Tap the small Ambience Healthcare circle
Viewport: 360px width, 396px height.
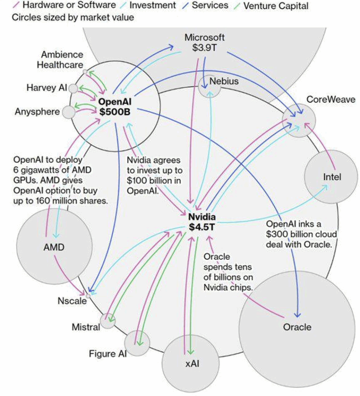point(85,72)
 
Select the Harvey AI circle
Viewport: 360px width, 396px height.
point(73,89)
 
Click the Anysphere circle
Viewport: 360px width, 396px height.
point(69,112)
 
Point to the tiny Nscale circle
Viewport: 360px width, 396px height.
point(88,296)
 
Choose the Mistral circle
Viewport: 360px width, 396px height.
point(108,321)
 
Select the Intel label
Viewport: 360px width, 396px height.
point(332,177)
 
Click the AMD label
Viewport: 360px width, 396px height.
point(53,247)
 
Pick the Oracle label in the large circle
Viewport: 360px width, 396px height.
point(297,327)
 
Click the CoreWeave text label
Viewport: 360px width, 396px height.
point(331,99)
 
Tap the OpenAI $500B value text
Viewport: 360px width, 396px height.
point(115,112)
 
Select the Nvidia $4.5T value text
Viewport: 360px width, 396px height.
point(202,227)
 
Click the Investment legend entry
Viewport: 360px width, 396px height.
point(152,6)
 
